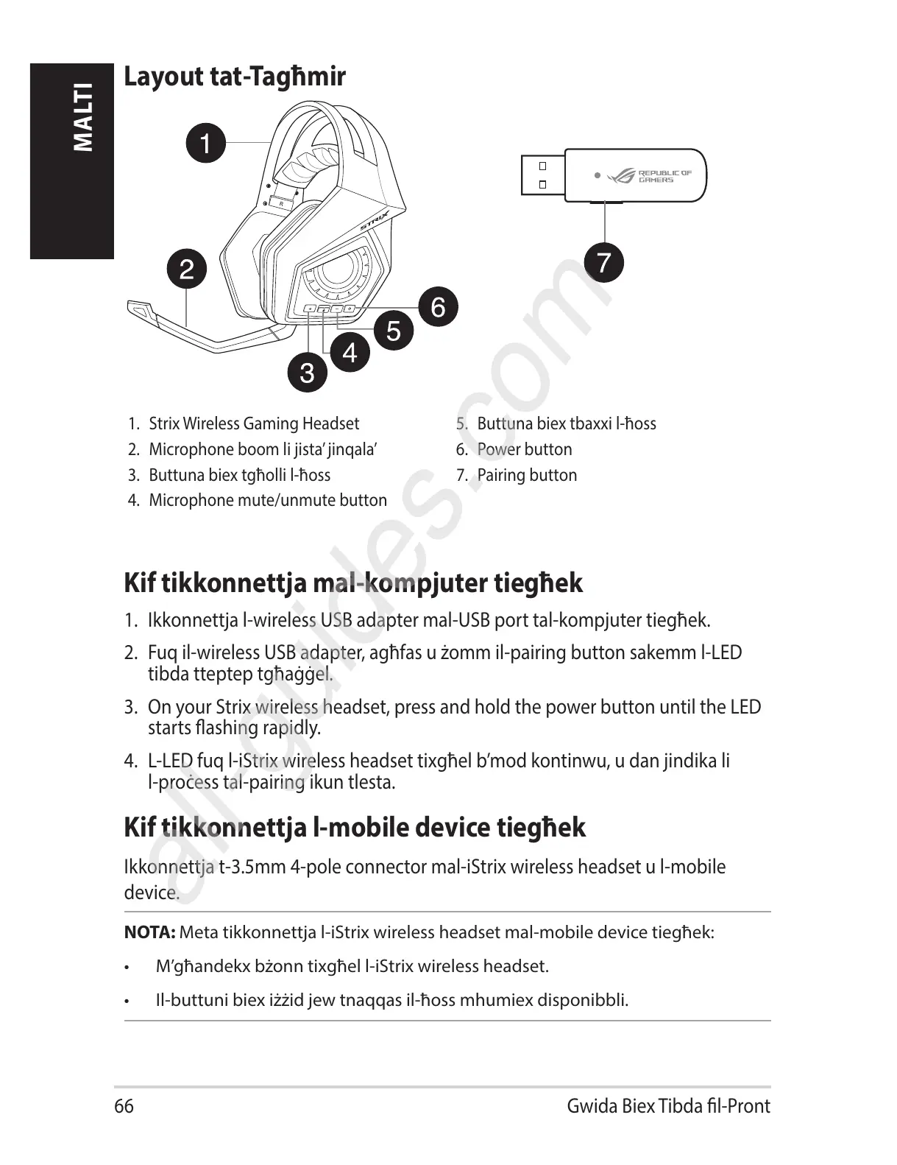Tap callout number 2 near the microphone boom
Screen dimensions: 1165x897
pos(187,269)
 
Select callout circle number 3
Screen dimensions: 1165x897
pos(306,372)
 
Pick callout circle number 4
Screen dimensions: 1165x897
pos(350,352)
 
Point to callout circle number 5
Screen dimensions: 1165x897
pos(394,331)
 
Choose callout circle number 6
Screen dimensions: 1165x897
pos(438,306)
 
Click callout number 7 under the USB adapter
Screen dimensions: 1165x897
pos(603,262)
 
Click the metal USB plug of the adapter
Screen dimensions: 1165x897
pos(542,175)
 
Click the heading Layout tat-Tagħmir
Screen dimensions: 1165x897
pos(235,77)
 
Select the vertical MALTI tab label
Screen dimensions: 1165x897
pos(84,118)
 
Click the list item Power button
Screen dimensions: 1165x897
pos(524,449)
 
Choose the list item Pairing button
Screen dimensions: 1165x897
pos(526,475)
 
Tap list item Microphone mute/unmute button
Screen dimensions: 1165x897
pos(267,500)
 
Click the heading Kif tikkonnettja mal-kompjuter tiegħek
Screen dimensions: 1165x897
pos(353,583)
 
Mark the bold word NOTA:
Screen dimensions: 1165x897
pos(149,932)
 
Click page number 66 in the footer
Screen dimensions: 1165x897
pos(124,1106)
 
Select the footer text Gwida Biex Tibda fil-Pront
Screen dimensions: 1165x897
pos(668,1106)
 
